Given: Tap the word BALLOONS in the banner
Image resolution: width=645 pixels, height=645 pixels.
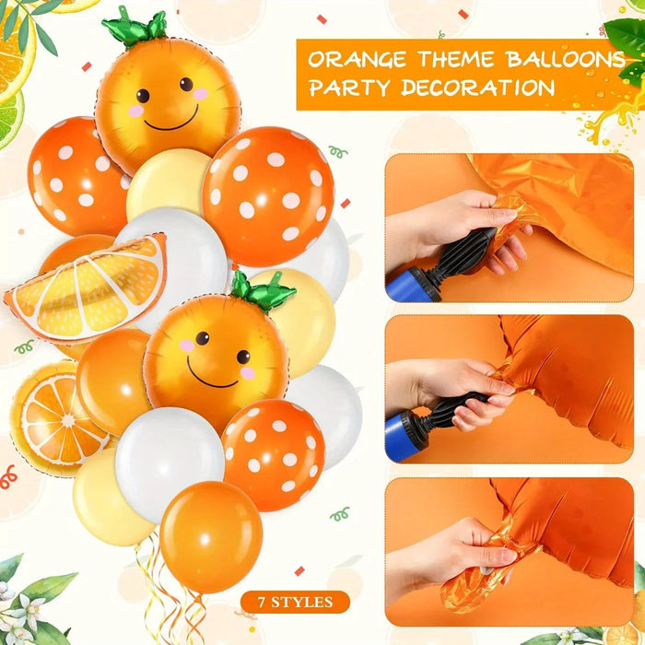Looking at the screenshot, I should coord(565,61).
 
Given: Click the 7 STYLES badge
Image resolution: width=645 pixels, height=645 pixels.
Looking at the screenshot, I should coord(296,603).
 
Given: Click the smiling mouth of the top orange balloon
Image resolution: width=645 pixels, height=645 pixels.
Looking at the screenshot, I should coord(170,120).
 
